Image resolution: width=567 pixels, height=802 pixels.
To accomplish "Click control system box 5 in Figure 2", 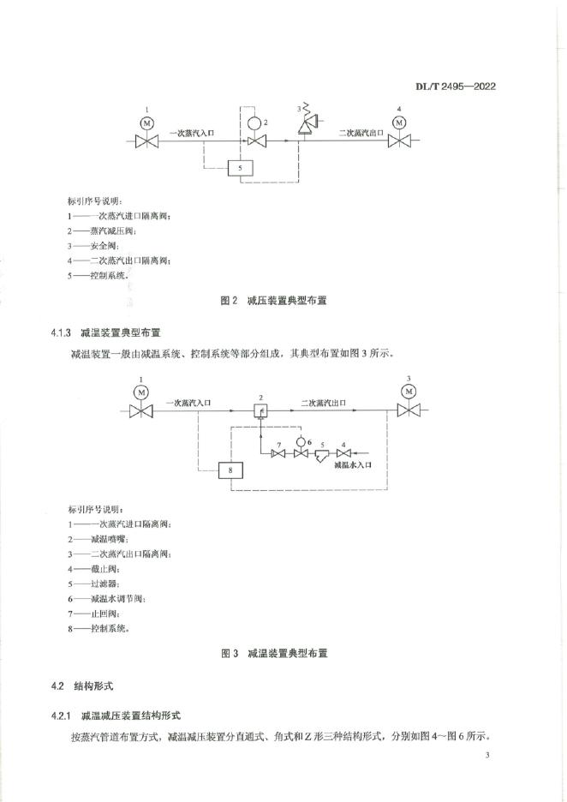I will coord(240,167).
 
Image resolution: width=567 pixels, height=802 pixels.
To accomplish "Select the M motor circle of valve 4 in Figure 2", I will coord(398,123).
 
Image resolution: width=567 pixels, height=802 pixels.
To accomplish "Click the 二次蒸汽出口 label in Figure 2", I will coord(360,133).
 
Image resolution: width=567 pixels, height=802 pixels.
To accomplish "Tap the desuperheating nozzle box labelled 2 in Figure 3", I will coord(262,412).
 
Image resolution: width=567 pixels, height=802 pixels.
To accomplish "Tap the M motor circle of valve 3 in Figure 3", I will coord(409,392).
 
